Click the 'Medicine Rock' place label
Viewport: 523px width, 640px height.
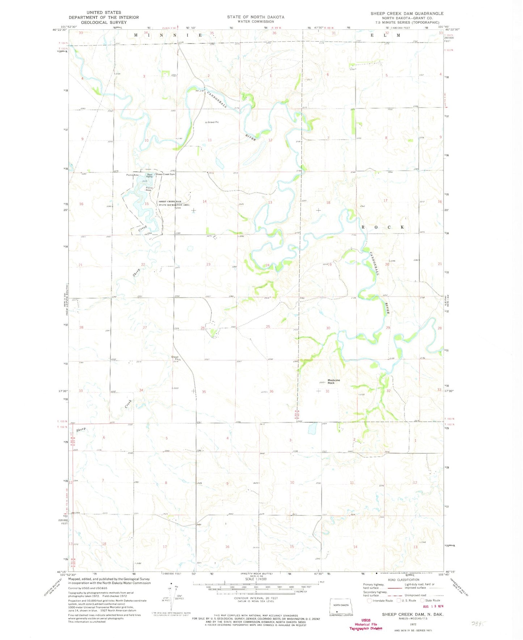click(x=333, y=381)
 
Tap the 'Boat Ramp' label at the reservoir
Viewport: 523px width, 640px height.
click(x=149, y=175)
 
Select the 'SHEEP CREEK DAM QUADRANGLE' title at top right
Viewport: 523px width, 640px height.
click(x=406, y=13)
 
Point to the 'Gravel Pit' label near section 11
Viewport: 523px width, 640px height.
click(x=213, y=122)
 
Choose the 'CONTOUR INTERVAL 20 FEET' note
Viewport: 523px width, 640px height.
click(x=256, y=598)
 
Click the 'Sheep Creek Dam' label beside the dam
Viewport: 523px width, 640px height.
click(x=165, y=174)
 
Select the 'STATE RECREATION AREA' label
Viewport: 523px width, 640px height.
click(x=174, y=205)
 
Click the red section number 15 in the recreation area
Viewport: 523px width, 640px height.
click(x=147, y=204)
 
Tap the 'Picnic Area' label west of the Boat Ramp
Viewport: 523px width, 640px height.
click(x=132, y=175)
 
